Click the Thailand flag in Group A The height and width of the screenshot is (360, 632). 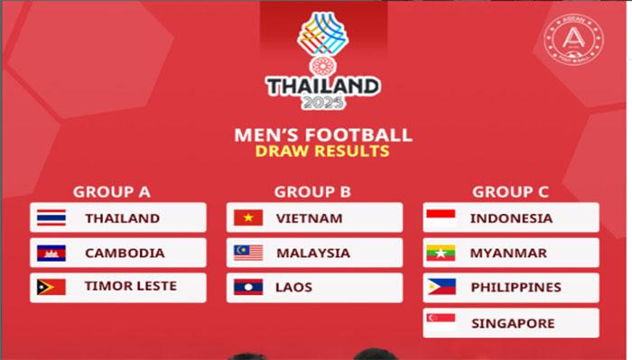tap(51, 217)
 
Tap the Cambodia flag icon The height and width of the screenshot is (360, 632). tap(51, 253)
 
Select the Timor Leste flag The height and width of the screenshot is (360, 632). tap(51, 287)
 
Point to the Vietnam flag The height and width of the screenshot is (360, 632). tap(248, 217)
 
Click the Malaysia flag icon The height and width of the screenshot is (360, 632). tap(248, 253)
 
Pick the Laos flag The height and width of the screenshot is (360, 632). tap(248, 287)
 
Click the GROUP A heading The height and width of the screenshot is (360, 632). tap(111, 191)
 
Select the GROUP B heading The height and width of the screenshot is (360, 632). tap(312, 191)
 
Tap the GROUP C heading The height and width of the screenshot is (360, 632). tap(510, 191)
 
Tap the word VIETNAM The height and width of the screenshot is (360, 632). tap(310, 217)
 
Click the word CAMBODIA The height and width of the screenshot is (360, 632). tap(125, 253)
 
